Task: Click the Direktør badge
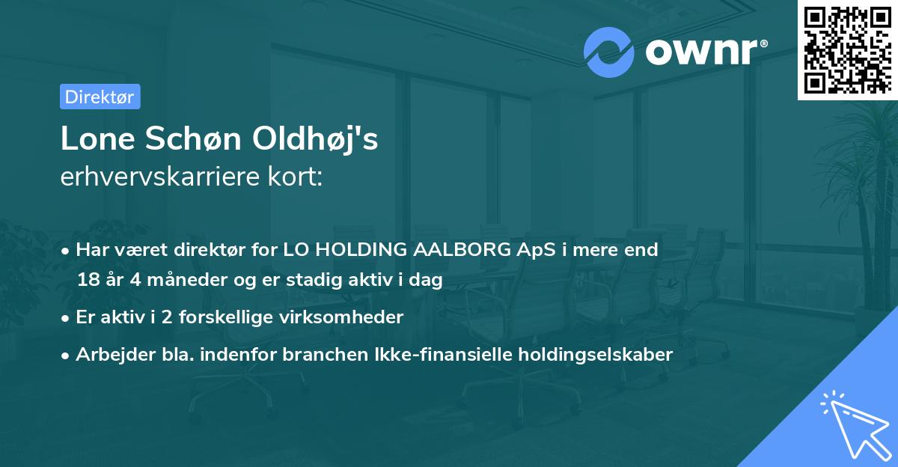(100, 97)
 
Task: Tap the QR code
(847, 49)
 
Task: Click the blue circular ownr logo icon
(608, 52)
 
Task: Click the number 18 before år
(87, 280)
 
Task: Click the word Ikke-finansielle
(420, 355)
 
